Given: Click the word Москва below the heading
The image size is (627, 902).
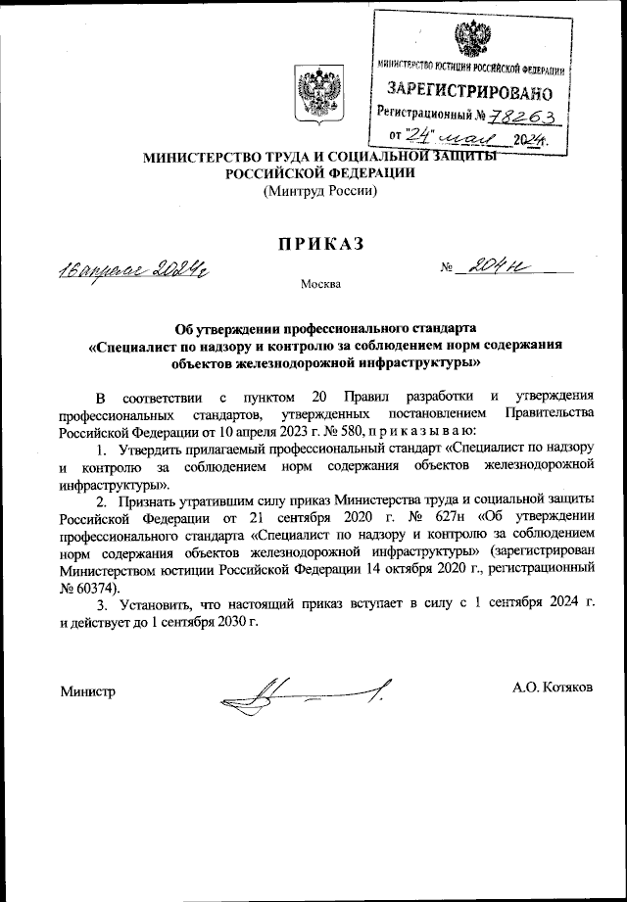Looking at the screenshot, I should click(x=320, y=285).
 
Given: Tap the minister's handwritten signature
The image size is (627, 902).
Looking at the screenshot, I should click(x=304, y=696).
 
